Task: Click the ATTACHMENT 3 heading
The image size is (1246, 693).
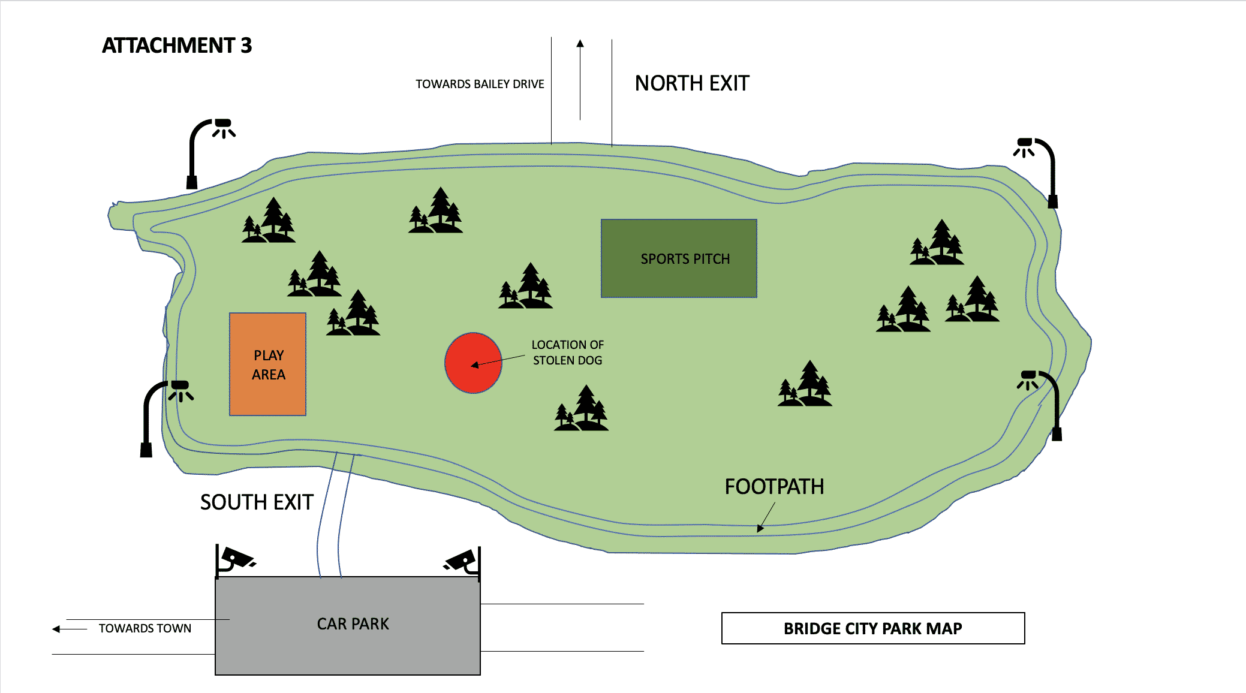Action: click(x=177, y=46)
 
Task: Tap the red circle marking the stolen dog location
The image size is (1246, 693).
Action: click(x=473, y=363)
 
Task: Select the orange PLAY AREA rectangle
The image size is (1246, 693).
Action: click(x=267, y=364)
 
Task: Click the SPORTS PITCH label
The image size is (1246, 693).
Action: click(x=685, y=259)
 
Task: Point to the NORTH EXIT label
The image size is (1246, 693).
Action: click(x=692, y=83)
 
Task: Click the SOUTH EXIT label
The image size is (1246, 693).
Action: click(x=257, y=502)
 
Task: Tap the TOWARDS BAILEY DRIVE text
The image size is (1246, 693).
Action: click(x=480, y=84)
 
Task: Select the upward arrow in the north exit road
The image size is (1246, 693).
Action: click(x=580, y=78)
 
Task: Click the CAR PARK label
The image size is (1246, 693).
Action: click(x=353, y=624)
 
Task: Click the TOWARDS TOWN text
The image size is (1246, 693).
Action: click(x=145, y=628)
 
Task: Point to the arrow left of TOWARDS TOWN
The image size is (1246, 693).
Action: click(x=68, y=629)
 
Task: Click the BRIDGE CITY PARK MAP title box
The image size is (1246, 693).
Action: click(x=872, y=628)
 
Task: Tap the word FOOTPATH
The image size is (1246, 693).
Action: click(x=774, y=486)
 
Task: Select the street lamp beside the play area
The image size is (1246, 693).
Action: click(x=162, y=414)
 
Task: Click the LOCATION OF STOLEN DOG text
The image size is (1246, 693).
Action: click(x=567, y=352)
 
